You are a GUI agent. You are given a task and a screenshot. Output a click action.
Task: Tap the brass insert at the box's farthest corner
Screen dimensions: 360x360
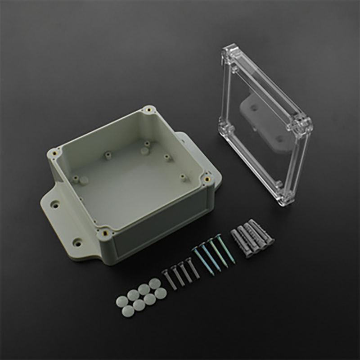pos(148,110)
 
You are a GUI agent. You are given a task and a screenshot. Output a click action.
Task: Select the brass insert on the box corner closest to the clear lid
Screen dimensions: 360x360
pos(207,179)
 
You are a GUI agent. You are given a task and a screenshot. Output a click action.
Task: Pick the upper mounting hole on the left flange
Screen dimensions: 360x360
pos(55,204)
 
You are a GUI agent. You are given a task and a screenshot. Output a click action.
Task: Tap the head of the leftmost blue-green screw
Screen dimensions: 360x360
pos(195,248)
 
